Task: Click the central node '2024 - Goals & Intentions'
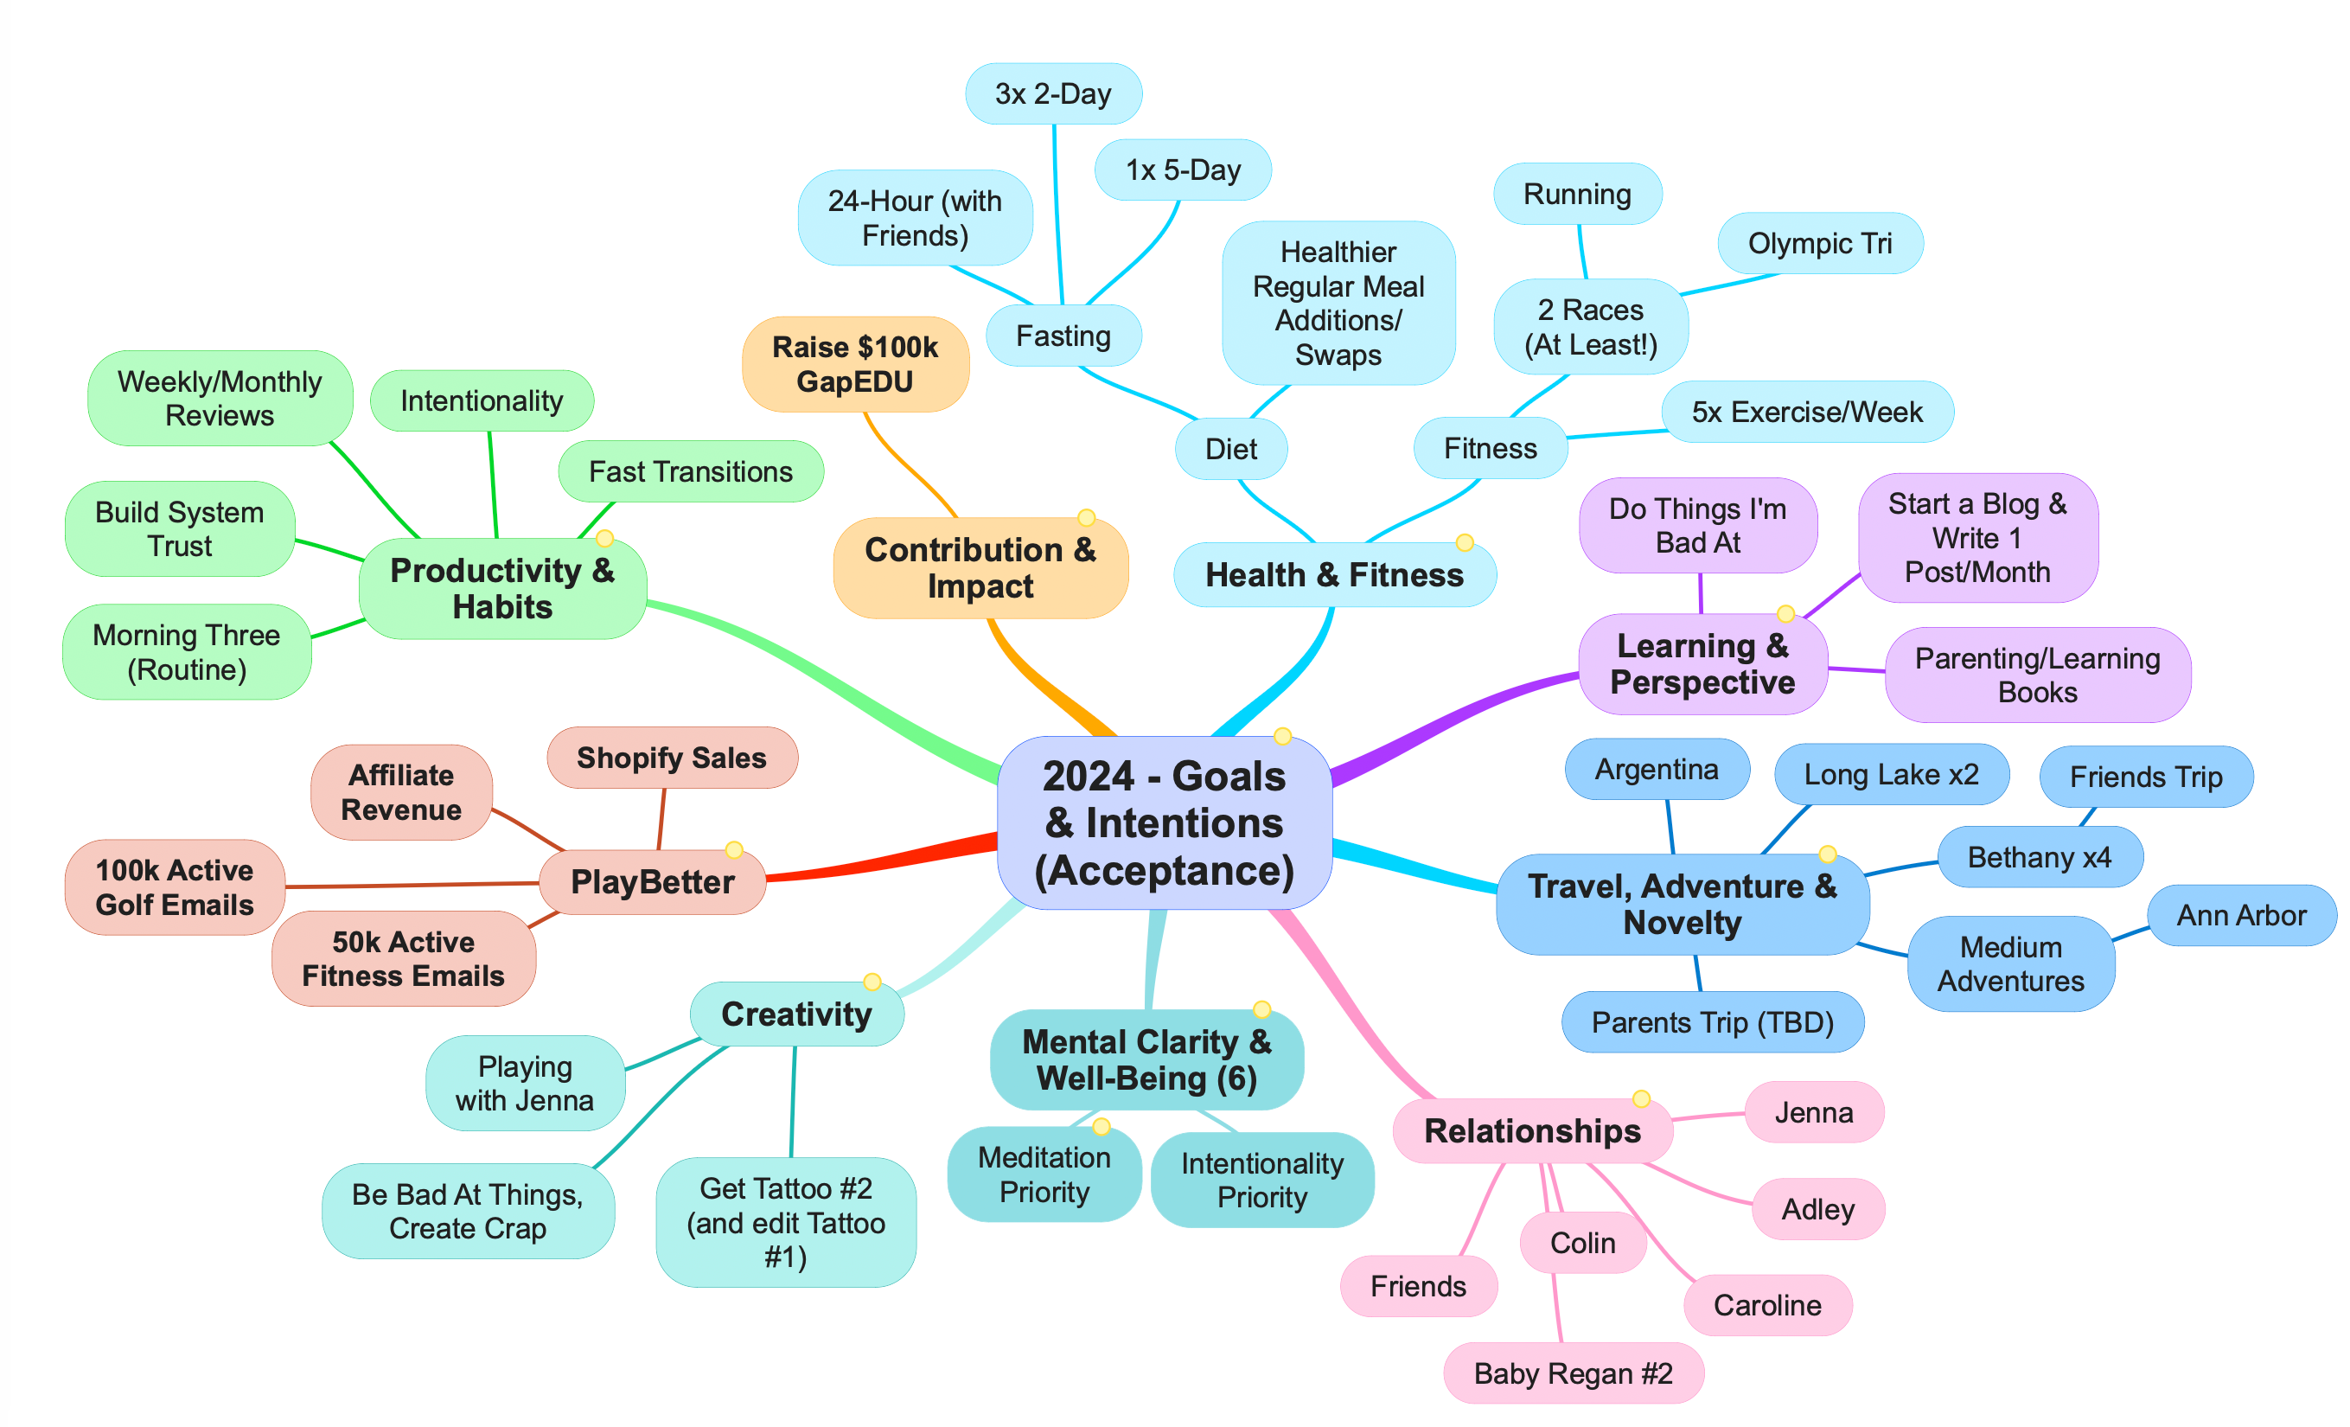pyautogui.click(x=1164, y=822)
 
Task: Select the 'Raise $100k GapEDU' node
pyautogui.click(x=854, y=364)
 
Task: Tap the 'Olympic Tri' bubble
pyautogui.click(x=1819, y=243)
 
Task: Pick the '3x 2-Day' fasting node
pyautogui.click(x=1053, y=93)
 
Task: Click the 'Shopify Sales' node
pyautogui.click(x=672, y=758)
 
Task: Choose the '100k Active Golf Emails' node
pyautogui.click(x=175, y=887)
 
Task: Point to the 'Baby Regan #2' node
pyautogui.click(x=1573, y=1373)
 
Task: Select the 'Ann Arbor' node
pyautogui.click(x=2240, y=915)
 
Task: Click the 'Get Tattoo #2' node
pyautogui.click(x=786, y=1222)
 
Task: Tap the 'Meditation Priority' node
pyautogui.click(x=1044, y=1174)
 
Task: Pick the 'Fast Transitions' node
pyautogui.click(x=691, y=471)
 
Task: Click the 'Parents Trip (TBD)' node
pyautogui.click(x=1712, y=1021)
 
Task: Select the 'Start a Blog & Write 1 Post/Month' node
pyautogui.click(x=1977, y=538)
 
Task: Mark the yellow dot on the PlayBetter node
pyautogui.click(x=733, y=850)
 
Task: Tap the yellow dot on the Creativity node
pyautogui.click(x=872, y=982)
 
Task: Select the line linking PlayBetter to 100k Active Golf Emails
pyautogui.click(x=410, y=886)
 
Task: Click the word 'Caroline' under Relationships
pyautogui.click(x=1766, y=1305)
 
